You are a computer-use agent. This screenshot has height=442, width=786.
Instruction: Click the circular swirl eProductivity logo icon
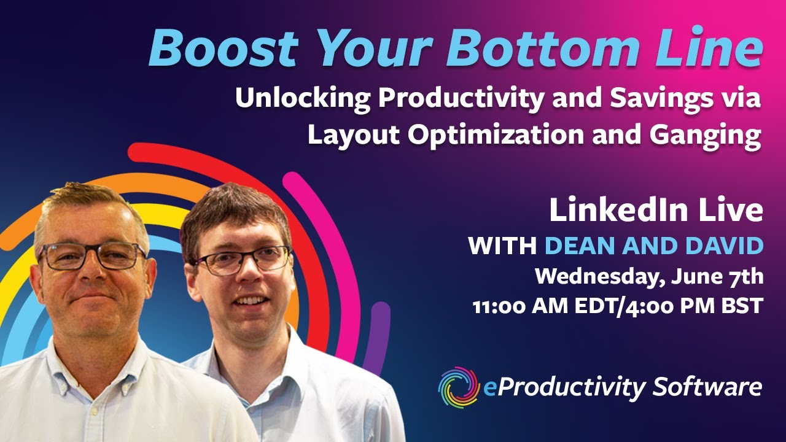[458, 387]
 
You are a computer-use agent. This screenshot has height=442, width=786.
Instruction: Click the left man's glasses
[91, 257]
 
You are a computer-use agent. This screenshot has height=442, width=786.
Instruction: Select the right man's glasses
[242, 261]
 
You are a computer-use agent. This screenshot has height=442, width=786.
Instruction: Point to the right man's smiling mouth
[250, 301]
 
